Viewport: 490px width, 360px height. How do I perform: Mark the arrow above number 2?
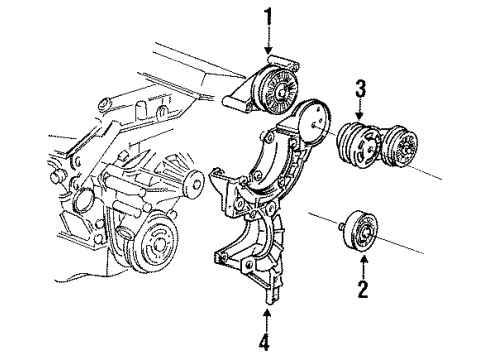click(364, 268)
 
